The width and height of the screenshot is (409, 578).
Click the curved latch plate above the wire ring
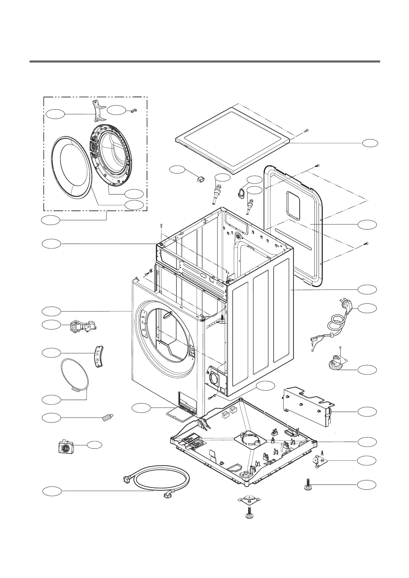99,356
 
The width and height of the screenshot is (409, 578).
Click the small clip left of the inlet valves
201,179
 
